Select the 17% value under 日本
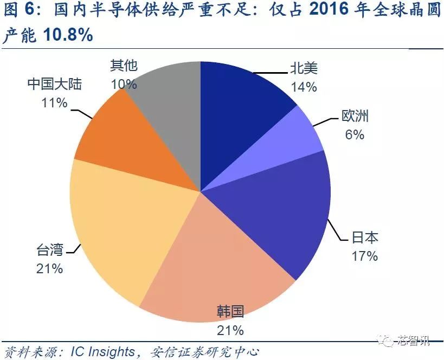click(x=364, y=256)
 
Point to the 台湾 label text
click(x=50, y=250)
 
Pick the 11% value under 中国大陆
click(x=54, y=102)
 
